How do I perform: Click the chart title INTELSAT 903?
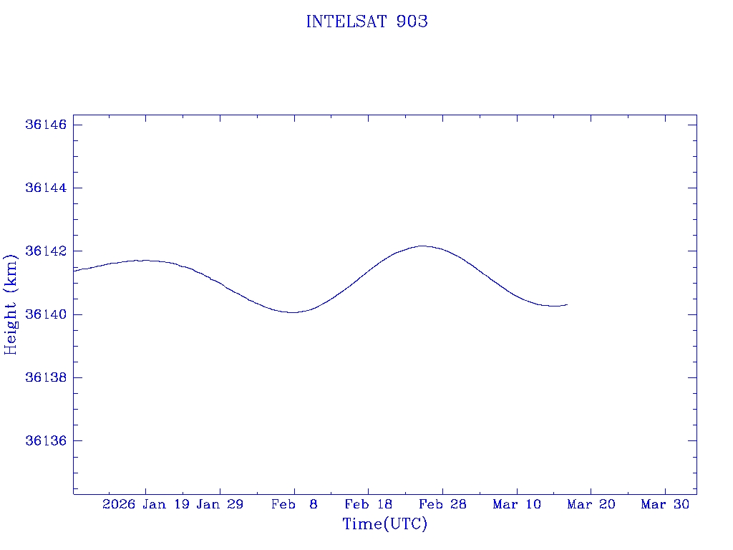point(366,22)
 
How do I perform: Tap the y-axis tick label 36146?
point(46,125)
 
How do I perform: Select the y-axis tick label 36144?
point(46,188)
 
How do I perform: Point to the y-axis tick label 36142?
point(46,251)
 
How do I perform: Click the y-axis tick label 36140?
point(46,314)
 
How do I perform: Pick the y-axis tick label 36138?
point(46,377)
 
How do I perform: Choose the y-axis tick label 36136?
point(46,440)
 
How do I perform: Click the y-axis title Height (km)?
point(11,304)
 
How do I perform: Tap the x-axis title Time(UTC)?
point(384,524)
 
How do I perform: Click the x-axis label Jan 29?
point(220,505)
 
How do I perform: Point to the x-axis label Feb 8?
point(294,505)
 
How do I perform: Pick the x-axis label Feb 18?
point(368,505)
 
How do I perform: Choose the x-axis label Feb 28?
point(442,505)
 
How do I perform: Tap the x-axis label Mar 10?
point(517,505)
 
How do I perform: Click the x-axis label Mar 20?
point(591,505)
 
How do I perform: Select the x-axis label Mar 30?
point(665,505)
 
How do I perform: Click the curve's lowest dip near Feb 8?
point(293,312)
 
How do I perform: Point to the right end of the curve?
point(567,304)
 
